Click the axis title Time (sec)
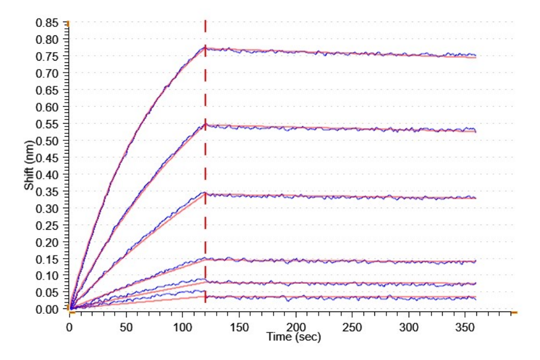tap(294, 337)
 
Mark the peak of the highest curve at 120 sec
tap(205, 47)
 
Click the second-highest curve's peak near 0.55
tap(205, 125)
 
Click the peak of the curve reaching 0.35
tap(205, 193)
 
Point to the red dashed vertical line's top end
tap(205, 21)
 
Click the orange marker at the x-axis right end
tap(514, 313)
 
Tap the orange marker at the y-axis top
tap(68, 23)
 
